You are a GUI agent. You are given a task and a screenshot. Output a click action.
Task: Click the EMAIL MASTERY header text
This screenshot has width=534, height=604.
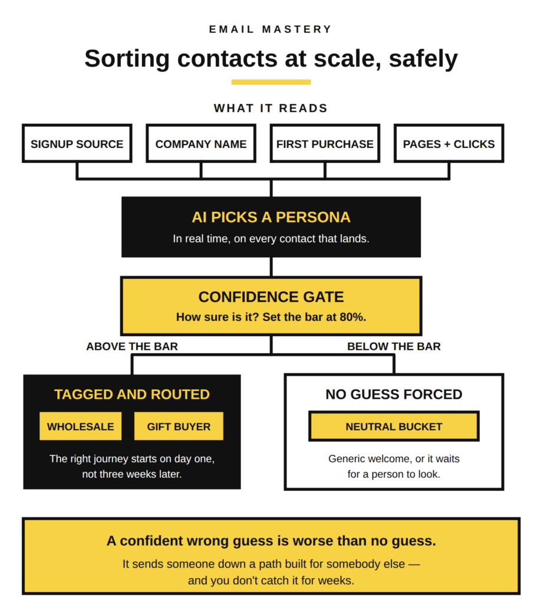(271, 29)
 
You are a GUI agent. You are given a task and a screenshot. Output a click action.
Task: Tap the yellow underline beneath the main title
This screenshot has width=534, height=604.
(271, 82)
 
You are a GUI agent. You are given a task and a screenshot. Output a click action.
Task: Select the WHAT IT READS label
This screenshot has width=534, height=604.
(271, 109)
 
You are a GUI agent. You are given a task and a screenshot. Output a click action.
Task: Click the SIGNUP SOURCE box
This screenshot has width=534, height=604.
(77, 143)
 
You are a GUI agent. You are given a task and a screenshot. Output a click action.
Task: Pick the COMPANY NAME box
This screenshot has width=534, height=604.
(201, 143)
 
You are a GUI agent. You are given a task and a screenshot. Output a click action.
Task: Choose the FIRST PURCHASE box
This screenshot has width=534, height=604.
(325, 143)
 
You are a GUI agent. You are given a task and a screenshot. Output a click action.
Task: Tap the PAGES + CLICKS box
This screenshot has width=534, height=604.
(449, 143)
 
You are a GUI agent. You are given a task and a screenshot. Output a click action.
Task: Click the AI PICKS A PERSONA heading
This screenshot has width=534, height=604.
(271, 217)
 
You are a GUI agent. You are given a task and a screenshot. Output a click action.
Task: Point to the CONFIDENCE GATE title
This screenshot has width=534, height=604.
(271, 297)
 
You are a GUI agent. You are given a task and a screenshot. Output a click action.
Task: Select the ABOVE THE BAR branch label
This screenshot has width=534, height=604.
(132, 346)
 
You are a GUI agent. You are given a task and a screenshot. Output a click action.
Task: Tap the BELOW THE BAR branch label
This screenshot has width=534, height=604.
(394, 346)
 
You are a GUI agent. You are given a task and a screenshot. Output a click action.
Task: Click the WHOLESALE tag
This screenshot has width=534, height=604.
(81, 426)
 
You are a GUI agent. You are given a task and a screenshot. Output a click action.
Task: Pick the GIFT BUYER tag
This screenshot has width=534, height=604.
(179, 426)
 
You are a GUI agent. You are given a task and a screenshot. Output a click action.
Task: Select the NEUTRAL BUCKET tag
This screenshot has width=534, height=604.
(394, 426)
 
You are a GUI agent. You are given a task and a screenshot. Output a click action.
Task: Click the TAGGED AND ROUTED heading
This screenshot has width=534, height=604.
(132, 395)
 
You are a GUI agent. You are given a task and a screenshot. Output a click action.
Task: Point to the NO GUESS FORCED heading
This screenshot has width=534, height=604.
(394, 395)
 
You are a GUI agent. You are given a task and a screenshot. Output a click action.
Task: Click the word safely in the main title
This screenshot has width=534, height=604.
(423, 60)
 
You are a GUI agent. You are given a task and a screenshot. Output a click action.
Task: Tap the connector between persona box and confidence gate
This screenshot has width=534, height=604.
(271, 267)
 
